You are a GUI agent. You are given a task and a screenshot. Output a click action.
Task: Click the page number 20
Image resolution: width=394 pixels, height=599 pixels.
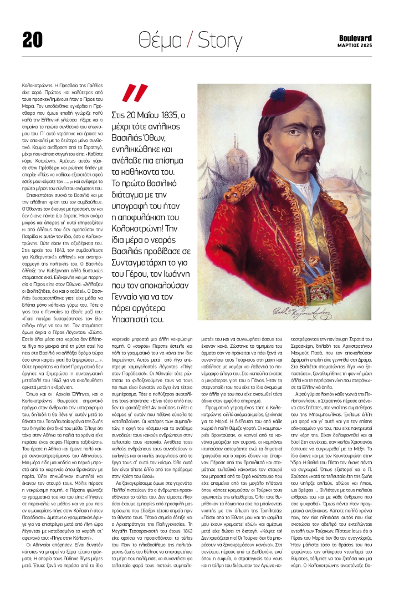coord(33,38)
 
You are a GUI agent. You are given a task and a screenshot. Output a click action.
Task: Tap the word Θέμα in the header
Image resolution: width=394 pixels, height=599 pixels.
coord(162,38)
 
